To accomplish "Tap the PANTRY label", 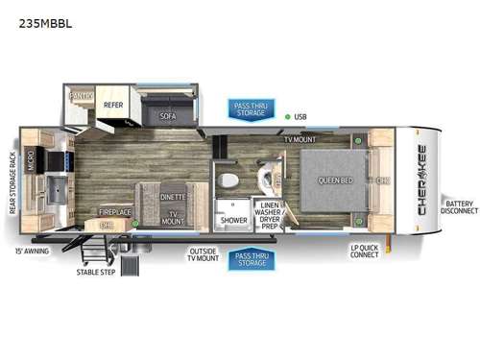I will tap(80, 97).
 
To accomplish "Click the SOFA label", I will tap(168, 116).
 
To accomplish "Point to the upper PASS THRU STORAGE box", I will tap(250, 108).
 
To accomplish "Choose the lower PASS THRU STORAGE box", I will tap(250, 260).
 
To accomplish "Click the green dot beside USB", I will tap(287, 117).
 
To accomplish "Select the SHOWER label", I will tap(233, 220).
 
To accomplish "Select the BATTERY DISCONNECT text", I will tap(458, 207).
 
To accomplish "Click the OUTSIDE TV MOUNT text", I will tap(203, 256).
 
